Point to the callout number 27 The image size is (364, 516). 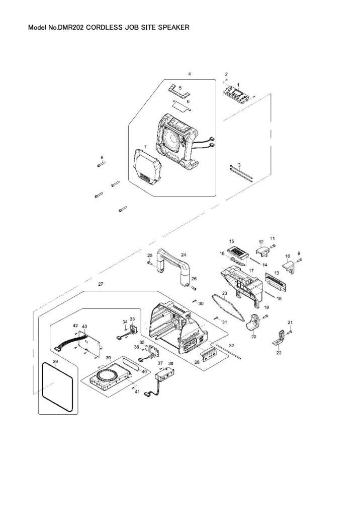point(101,285)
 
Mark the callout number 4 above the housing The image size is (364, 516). point(190,74)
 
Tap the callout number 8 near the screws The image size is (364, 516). point(102,157)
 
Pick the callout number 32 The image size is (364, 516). point(231,346)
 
